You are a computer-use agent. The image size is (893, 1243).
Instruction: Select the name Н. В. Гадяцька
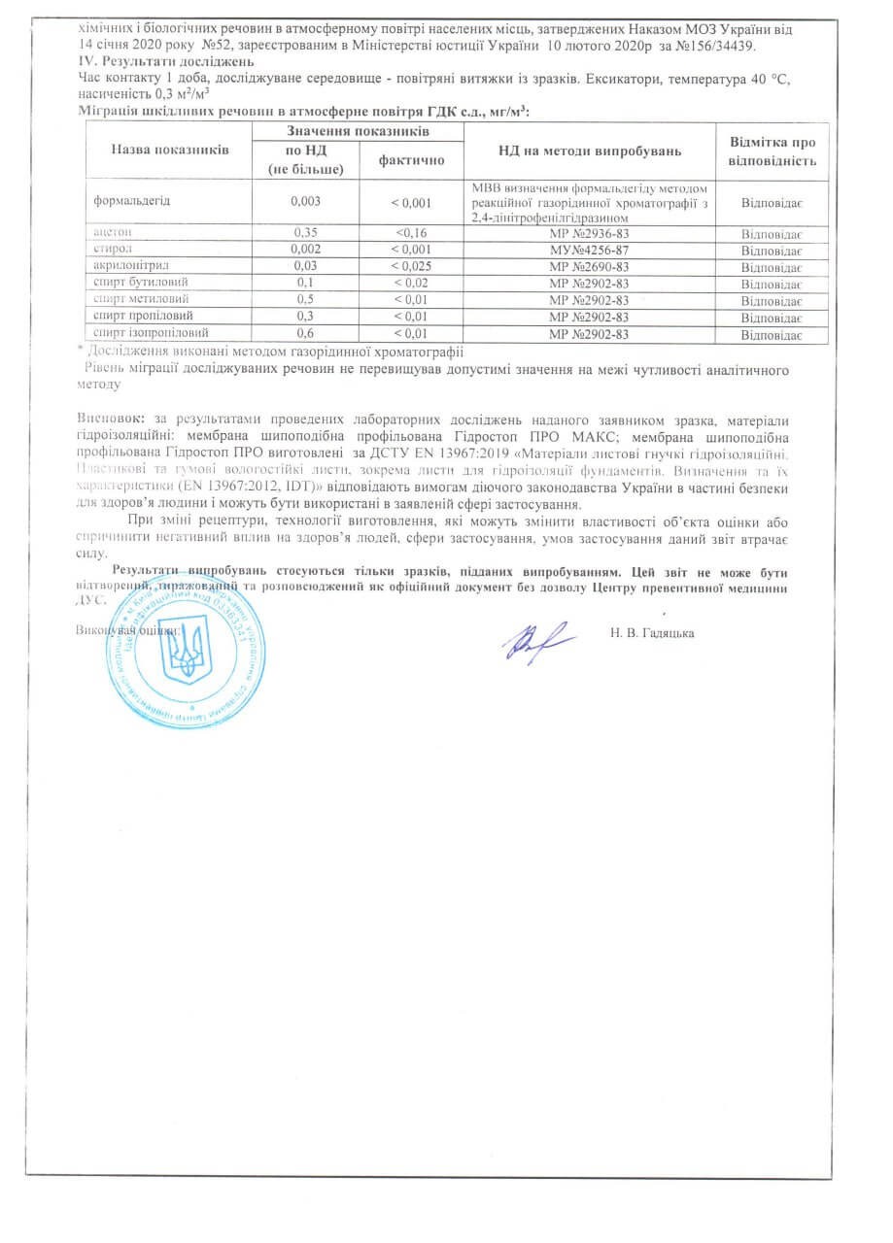654,633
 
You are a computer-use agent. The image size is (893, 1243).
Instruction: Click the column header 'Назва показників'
169,151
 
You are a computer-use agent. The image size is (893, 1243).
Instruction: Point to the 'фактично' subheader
412,160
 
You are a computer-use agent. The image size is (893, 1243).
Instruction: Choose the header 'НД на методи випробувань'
590,151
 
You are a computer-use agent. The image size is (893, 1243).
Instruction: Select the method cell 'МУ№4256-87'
589,250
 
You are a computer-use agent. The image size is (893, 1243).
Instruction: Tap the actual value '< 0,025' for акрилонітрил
412,266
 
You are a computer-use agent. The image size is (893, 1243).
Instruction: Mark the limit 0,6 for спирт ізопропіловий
306,334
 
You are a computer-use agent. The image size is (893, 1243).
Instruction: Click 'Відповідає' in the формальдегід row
772,203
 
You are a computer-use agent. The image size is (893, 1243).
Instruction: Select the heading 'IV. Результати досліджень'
151,62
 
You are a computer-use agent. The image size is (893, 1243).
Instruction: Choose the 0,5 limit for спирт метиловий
306,300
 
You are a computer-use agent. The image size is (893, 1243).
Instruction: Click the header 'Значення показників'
359,130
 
